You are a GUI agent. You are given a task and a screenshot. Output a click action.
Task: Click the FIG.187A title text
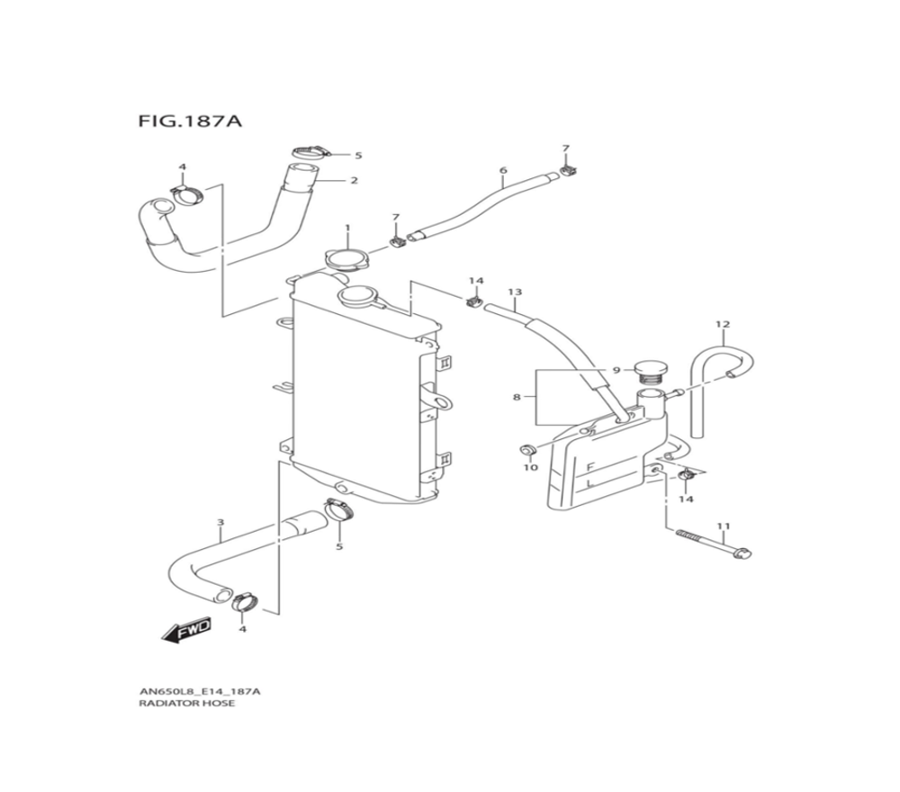coord(189,121)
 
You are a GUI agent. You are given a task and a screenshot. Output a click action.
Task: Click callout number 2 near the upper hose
coord(354,180)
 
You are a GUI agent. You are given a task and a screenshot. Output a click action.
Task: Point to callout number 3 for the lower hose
coord(221,523)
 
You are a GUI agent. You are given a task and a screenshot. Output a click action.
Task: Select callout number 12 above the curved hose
coord(723,324)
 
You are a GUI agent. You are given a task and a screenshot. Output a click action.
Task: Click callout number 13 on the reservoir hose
coord(515,292)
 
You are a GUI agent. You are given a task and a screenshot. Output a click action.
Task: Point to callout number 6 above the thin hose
coord(503,170)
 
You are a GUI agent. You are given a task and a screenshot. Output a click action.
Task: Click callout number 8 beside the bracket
coord(516,397)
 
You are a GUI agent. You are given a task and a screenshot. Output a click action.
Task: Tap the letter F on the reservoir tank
coord(589,468)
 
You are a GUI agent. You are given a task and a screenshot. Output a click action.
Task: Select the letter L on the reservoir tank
coord(589,485)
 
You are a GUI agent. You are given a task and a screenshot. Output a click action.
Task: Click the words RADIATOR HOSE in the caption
coord(186,703)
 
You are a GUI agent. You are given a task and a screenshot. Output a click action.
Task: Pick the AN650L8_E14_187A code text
coord(199,691)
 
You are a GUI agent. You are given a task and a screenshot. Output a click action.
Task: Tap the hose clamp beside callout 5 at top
coord(310,153)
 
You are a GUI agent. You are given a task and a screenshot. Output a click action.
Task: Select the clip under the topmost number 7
coord(569,170)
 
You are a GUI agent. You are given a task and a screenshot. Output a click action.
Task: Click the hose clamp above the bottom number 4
coord(245,601)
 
